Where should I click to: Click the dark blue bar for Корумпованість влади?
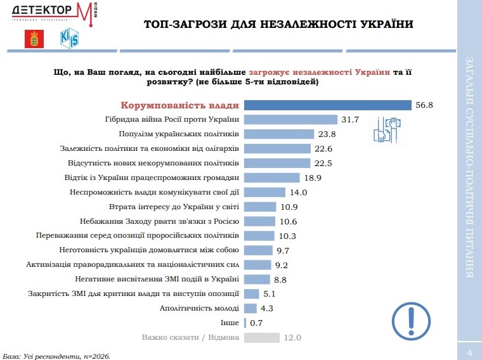click(327, 105)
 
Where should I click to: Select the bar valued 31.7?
click(290, 119)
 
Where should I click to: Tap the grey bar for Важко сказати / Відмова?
click(261, 337)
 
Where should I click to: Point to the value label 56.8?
click(424, 105)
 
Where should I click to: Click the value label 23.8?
click(327, 134)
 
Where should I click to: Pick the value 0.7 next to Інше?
click(256, 323)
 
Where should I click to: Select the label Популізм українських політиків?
click(179, 134)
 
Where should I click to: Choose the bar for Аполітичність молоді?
click(251, 308)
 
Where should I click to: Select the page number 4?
click(469, 352)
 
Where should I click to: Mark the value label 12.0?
click(292, 337)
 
